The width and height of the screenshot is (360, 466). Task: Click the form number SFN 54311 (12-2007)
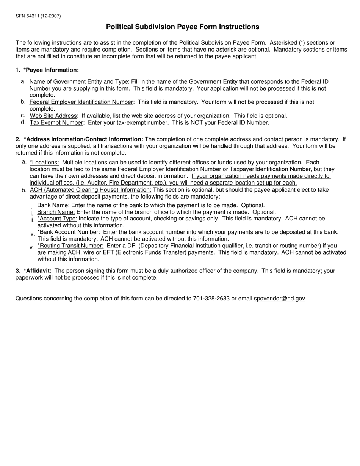click(38, 16)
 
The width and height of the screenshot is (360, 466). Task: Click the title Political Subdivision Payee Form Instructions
click(182, 27)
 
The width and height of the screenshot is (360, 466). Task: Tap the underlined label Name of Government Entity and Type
click(79, 82)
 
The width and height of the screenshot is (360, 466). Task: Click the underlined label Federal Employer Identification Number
click(81, 102)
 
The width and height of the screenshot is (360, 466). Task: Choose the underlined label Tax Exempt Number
click(56, 123)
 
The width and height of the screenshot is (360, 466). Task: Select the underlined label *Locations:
click(44, 163)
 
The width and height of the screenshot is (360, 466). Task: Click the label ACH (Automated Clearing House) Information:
click(90, 190)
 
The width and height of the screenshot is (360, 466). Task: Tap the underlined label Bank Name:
click(53, 205)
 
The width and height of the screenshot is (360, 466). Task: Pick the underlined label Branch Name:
click(56, 212)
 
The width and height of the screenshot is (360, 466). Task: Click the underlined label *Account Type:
click(57, 219)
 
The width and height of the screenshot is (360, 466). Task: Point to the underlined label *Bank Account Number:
click(69, 232)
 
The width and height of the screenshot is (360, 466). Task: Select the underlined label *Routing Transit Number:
click(70, 246)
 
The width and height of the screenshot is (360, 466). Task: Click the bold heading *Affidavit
click(36, 271)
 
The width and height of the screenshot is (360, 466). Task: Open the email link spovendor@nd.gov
click(279, 299)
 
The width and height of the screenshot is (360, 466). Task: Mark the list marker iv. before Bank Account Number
click(32, 234)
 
